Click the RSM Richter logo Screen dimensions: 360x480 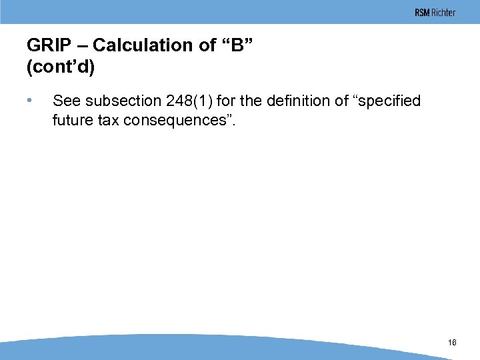pos(435,13)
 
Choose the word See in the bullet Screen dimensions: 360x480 pos(66,101)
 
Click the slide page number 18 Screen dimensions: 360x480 pos(453,343)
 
